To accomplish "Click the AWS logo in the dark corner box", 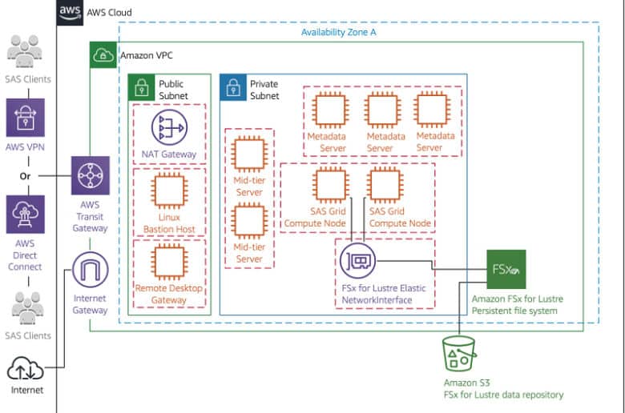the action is tap(70, 12).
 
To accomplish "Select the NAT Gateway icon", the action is tap(169, 127).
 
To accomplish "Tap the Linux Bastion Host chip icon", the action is tap(169, 191).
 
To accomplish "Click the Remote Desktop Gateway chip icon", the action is tap(169, 262).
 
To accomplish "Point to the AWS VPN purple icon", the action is tap(26, 118).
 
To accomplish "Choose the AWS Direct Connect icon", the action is tap(26, 215).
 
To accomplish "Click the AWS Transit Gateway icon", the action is tap(91, 175).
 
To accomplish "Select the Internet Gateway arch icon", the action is tap(90, 270).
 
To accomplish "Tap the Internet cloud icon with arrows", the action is tap(26, 368).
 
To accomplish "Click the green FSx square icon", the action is tap(506, 269).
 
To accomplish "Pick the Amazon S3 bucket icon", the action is tap(459, 353).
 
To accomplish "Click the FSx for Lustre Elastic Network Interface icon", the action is tap(358, 261).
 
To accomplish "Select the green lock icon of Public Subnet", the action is tap(142, 87).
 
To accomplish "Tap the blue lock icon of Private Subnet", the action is tap(233, 87).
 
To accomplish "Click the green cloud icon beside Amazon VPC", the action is tap(103, 55).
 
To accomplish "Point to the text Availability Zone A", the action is tap(338, 32).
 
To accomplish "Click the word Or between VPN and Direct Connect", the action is tap(25, 176).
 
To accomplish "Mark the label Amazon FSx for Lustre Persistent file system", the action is tap(518, 305).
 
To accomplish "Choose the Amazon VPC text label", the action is tap(147, 55).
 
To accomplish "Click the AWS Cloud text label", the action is tap(109, 12).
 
